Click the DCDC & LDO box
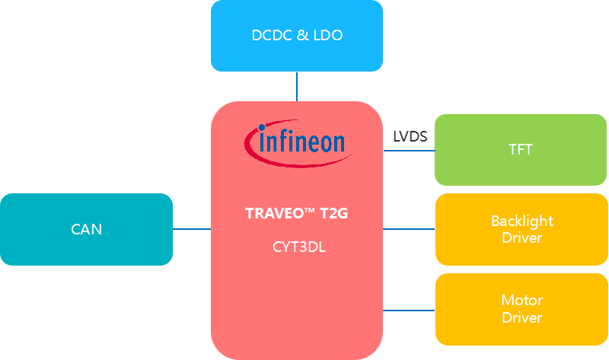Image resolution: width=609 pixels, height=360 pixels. pyautogui.click(x=296, y=36)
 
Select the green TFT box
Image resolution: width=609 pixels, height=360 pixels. pyautogui.click(x=521, y=150)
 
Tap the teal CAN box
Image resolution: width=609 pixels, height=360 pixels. pyautogui.click(x=86, y=229)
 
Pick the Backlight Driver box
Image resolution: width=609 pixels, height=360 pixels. pyautogui.click(x=521, y=229)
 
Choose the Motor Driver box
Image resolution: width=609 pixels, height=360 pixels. pyautogui.click(x=521, y=309)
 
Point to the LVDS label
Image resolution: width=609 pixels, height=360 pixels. pyautogui.click(x=410, y=137)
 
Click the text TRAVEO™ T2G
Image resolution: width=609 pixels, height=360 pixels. pyautogui.click(x=296, y=214)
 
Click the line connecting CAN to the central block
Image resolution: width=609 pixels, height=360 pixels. pyautogui.click(x=192, y=228)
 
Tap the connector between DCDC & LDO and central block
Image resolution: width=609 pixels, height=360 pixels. pyautogui.click(x=296, y=86)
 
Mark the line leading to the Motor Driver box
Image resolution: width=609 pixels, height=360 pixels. pyautogui.click(x=409, y=310)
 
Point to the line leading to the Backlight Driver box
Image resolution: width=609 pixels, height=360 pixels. pyautogui.click(x=409, y=228)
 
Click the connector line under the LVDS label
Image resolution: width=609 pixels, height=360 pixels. pyautogui.click(x=409, y=150)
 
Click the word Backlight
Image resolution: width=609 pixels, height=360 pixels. pyautogui.click(x=522, y=221)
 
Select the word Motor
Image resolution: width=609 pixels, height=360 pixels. pyautogui.click(x=522, y=301)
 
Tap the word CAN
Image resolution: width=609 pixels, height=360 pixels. pyautogui.click(x=86, y=229)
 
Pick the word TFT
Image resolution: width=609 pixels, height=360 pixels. pyautogui.click(x=521, y=150)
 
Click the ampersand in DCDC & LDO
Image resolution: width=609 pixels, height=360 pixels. pyautogui.click(x=302, y=36)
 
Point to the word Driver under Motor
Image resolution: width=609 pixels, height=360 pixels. pyautogui.click(x=522, y=317)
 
